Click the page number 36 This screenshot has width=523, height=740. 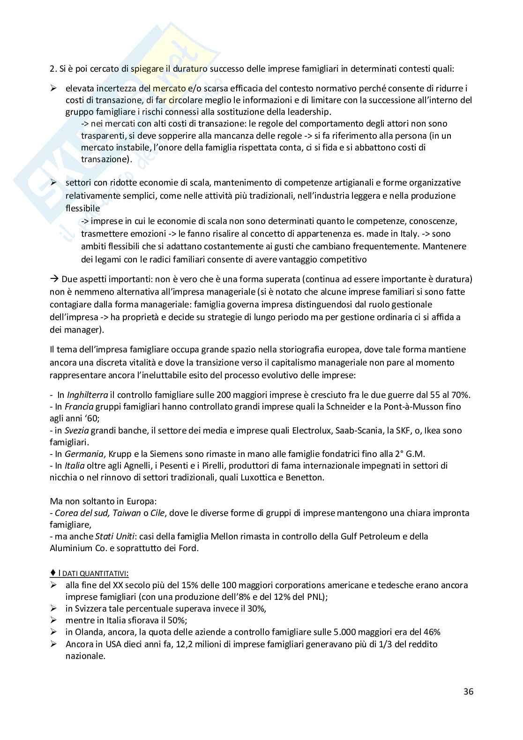(468, 691)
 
